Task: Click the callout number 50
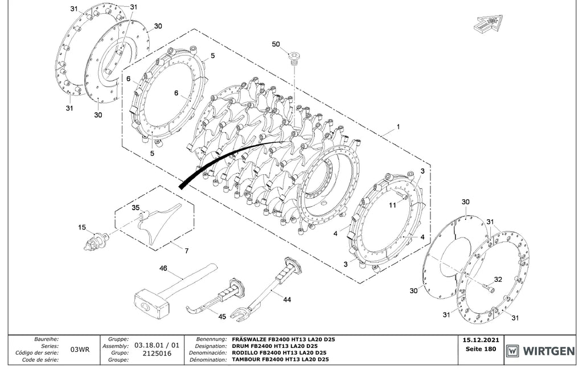[276, 44]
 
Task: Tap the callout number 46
[163, 268]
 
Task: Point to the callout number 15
[82, 227]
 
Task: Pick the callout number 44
[287, 300]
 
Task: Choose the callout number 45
[222, 317]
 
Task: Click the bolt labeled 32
[489, 286]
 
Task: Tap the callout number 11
[393, 205]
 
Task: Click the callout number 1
[398, 127]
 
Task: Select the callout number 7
[186, 251]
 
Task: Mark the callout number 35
[136, 208]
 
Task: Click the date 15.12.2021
[481, 340]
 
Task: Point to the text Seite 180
[481, 349]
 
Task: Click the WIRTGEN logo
[540, 351]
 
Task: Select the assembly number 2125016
[157, 353]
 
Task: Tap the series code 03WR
[80, 350]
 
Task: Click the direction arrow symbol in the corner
[488, 24]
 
